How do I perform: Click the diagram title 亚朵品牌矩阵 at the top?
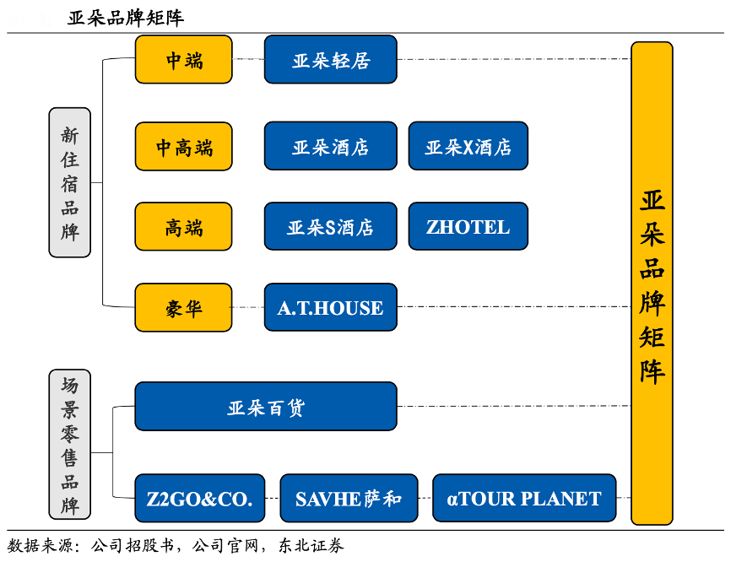tap(126, 17)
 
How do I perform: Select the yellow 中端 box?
tap(183, 60)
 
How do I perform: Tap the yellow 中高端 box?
tap(183, 147)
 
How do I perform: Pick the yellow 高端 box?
tap(183, 226)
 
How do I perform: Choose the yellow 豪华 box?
tap(183, 308)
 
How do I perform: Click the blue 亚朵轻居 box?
tap(330, 60)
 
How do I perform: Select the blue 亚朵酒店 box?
tap(330, 147)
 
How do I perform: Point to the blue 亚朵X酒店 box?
tap(468, 147)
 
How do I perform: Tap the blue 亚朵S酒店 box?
tap(330, 226)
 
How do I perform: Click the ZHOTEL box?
tap(468, 226)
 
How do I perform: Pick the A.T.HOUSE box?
tap(330, 308)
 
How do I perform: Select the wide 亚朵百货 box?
tap(265, 407)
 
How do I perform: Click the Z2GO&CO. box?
tap(199, 498)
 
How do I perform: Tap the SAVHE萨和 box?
tap(348, 498)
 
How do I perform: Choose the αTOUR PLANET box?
tap(523, 498)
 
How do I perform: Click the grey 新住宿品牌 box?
tap(69, 182)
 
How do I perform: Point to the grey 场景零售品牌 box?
tap(69, 444)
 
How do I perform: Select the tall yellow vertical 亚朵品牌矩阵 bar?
tap(652, 283)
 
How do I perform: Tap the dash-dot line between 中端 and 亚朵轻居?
tap(248, 59)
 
